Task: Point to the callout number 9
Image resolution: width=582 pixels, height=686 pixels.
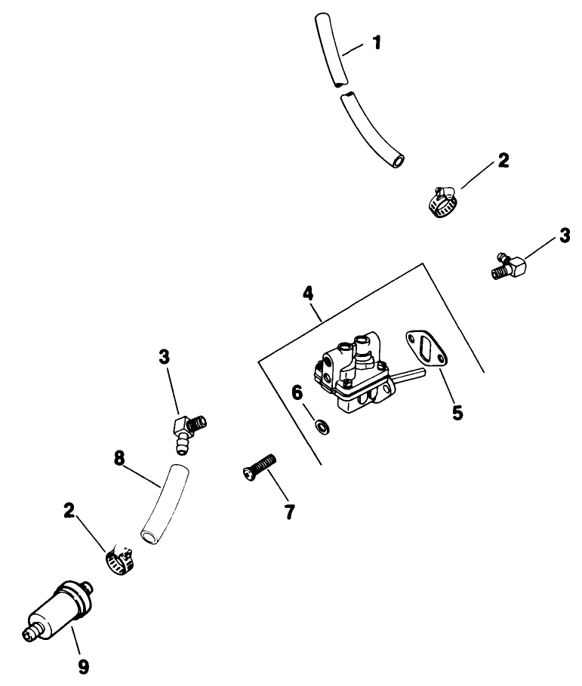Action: point(83,666)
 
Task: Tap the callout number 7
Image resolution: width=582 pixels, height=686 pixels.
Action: point(289,512)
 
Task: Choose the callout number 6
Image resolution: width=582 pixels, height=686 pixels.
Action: point(297,392)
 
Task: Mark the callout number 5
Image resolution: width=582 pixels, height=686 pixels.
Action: point(457,412)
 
